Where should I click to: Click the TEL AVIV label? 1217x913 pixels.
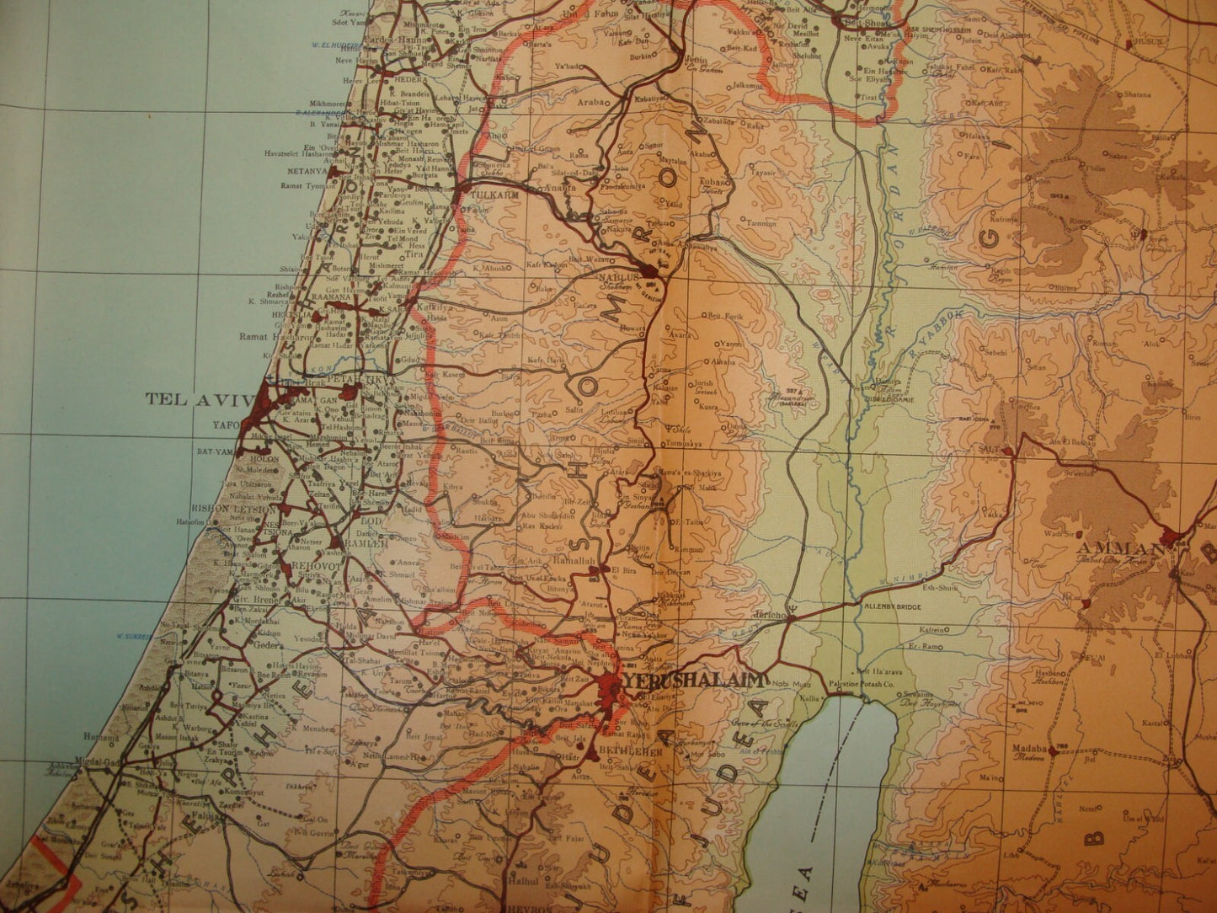coord(200,398)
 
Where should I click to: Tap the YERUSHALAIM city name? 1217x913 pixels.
coord(692,681)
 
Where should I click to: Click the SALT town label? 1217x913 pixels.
coord(990,450)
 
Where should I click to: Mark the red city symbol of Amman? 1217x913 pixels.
coord(1169,535)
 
